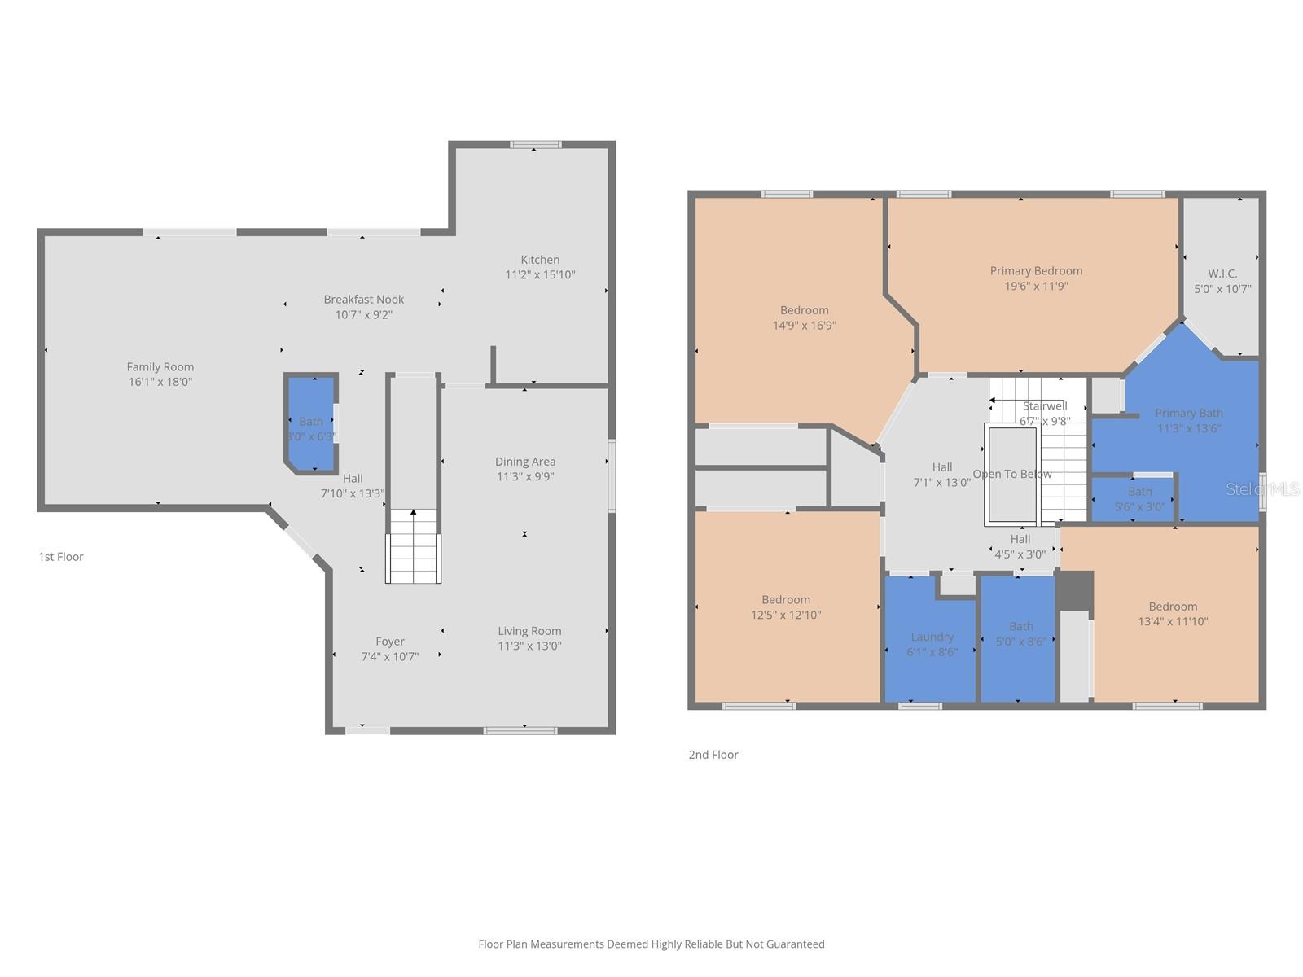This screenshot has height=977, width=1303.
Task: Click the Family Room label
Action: pyautogui.click(x=160, y=367)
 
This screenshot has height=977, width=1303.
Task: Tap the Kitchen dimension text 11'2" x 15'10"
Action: pyautogui.click(x=540, y=275)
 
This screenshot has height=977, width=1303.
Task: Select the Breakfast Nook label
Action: pyautogui.click(x=363, y=300)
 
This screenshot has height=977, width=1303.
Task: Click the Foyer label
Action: pyautogui.click(x=390, y=642)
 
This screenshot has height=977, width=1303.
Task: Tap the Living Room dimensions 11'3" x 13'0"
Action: pyautogui.click(x=529, y=646)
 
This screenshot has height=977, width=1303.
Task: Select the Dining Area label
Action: pyautogui.click(x=525, y=462)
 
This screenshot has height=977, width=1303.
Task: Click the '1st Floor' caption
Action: pyautogui.click(x=61, y=557)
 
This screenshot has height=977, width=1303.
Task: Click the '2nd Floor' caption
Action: pyautogui.click(x=713, y=755)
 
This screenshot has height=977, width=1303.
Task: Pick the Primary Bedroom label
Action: pyautogui.click(x=1036, y=271)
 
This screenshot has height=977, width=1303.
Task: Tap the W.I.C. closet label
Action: pyautogui.click(x=1222, y=274)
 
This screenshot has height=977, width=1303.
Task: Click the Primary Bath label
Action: pyautogui.click(x=1188, y=414)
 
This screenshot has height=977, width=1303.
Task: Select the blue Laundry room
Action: pyautogui.click(x=932, y=643)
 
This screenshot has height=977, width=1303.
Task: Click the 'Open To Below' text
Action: pyautogui.click(x=1012, y=474)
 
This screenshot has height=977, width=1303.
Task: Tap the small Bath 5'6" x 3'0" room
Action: pyautogui.click(x=1139, y=498)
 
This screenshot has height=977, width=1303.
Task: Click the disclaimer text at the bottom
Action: pyautogui.click(x=651, y=944)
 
